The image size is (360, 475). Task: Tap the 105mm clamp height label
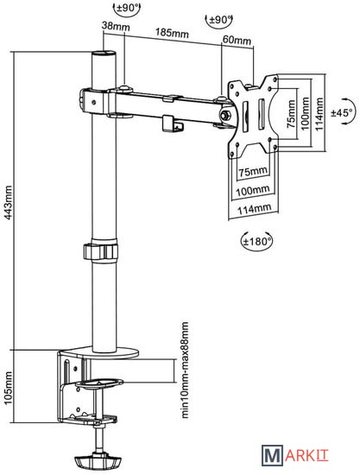coord(8,388)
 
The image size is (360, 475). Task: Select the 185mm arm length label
coord(172,33)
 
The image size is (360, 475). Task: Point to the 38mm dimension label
coord(116,27)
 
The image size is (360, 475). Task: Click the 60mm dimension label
coord(237,40)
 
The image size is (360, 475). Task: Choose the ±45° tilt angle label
coord(342,112)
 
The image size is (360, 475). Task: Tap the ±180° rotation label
coord(256,242)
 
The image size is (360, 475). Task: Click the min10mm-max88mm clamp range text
coord(186,370)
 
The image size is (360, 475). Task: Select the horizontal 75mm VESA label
coord(253,172)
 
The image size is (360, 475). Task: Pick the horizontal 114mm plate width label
coord(254,209)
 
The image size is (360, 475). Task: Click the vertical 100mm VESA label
coord(305,113)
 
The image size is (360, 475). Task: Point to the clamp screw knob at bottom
coord(98,461)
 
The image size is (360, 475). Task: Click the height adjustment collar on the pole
coord(100,251)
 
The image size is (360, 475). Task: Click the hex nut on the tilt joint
coord(225,115)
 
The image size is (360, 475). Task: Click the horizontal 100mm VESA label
coord(252,191)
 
